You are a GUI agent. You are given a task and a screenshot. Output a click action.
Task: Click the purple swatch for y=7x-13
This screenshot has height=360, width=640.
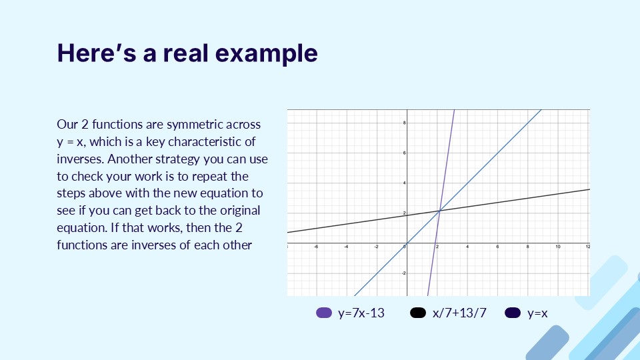point(324,313)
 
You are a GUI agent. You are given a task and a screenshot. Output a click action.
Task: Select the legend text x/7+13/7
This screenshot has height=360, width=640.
point(459,313)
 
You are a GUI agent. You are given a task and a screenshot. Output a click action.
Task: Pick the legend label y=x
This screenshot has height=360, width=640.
point(537,313)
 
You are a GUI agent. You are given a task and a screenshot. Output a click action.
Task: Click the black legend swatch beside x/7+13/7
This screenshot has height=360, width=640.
point(419,313)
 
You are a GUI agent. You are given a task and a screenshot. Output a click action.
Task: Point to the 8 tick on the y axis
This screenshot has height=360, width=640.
point(403,123)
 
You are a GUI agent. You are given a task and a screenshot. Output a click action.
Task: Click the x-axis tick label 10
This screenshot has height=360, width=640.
point(558,247)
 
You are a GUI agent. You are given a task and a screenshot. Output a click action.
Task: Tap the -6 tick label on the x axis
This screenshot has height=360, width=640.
point(316,247)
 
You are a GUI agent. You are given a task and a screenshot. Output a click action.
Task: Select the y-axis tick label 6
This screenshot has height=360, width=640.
point(403,153)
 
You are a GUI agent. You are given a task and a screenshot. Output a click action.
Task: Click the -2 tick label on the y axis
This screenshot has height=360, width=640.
point(402,273)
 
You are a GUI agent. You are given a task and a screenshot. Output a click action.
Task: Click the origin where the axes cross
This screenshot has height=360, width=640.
point(407,243)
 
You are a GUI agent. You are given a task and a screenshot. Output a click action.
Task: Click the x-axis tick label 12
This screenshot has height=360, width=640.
point(587,247)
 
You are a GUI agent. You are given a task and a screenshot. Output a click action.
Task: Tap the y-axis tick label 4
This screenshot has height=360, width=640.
point(403,183)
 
